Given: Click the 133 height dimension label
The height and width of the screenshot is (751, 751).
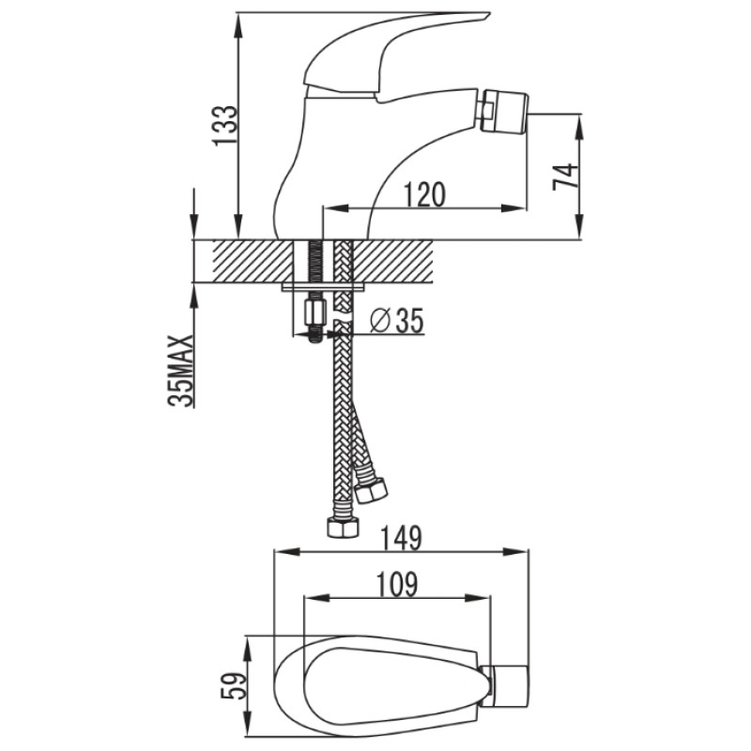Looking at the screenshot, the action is pyautogui.click(x=225, y=125).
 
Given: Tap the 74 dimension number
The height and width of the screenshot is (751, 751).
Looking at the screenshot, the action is pyautogui.click(x=565, y=177).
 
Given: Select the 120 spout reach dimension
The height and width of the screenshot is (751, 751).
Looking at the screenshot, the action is pyautogui.click(x=425, y=195).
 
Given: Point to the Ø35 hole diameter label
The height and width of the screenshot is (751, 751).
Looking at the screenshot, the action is pyautogui.click(x=397, y=320).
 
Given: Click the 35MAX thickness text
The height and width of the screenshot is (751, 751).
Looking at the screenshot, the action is pyautogui.click(x=181, y=370).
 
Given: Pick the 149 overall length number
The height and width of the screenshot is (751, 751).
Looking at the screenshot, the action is pyautogui.click(x=402, y=538).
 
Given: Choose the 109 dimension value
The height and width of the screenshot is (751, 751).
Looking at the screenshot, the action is pyautogui.click(x=397, y=584).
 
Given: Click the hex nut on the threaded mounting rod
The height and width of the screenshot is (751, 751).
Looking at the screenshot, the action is pyautogui.click(x=314, y=313).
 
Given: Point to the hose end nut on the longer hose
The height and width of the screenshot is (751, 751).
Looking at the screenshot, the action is pyautogui.click(x=343, y=528).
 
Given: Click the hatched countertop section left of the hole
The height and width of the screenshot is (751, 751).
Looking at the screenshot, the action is pyautogui.click(x=253, y=261).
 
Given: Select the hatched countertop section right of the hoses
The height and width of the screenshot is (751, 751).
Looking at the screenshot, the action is pyautogui.click(x=392, y=261).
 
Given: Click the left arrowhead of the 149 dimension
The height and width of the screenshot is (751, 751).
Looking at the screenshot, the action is pyautogui.click(x=285, y=551).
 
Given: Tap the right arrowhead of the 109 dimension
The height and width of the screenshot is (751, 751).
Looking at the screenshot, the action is pyautogui.click(x=479, y=598).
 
